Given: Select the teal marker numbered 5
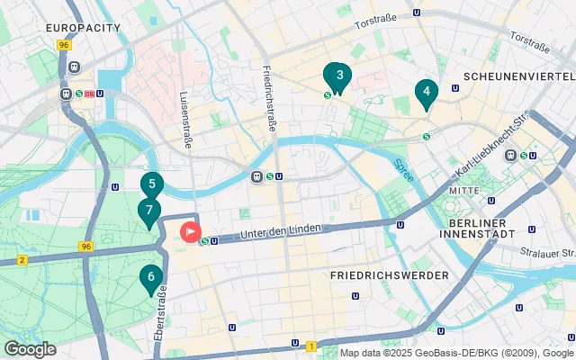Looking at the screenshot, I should click(x=151, y=186).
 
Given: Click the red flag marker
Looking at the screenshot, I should click(x=192, y=232).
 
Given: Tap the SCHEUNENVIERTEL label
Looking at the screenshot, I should click(x=514, y=76).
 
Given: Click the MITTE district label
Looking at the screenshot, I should click(x=465, y=192).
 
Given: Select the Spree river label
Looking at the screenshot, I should click(x=404, y=171).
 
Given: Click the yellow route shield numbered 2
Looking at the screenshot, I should click(x=22, y=260).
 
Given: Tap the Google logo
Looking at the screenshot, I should click(x=30, y=348).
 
